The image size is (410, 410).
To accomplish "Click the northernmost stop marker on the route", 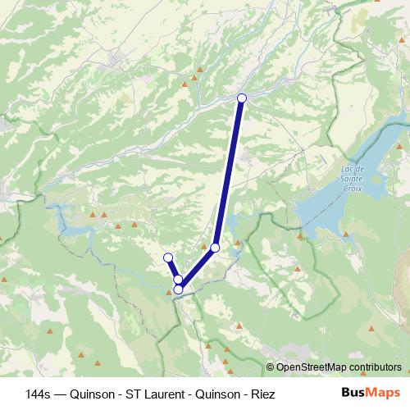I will click(x=242, y=98).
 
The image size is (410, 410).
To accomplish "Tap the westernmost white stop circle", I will click(x=168, y=258).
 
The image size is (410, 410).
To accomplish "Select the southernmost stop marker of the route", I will click(x=178, y=289).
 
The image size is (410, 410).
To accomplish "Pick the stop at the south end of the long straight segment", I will click(x=215, y=247).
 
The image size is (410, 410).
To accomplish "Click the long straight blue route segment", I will click(x=229, y=172).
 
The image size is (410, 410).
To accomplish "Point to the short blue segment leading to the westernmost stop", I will click(x=173, y=269).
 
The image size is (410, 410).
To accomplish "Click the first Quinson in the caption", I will click(x=93, y=393).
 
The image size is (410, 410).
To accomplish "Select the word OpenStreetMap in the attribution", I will click(x=313, y=367).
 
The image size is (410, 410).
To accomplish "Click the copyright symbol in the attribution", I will click(x=271, y=367).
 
